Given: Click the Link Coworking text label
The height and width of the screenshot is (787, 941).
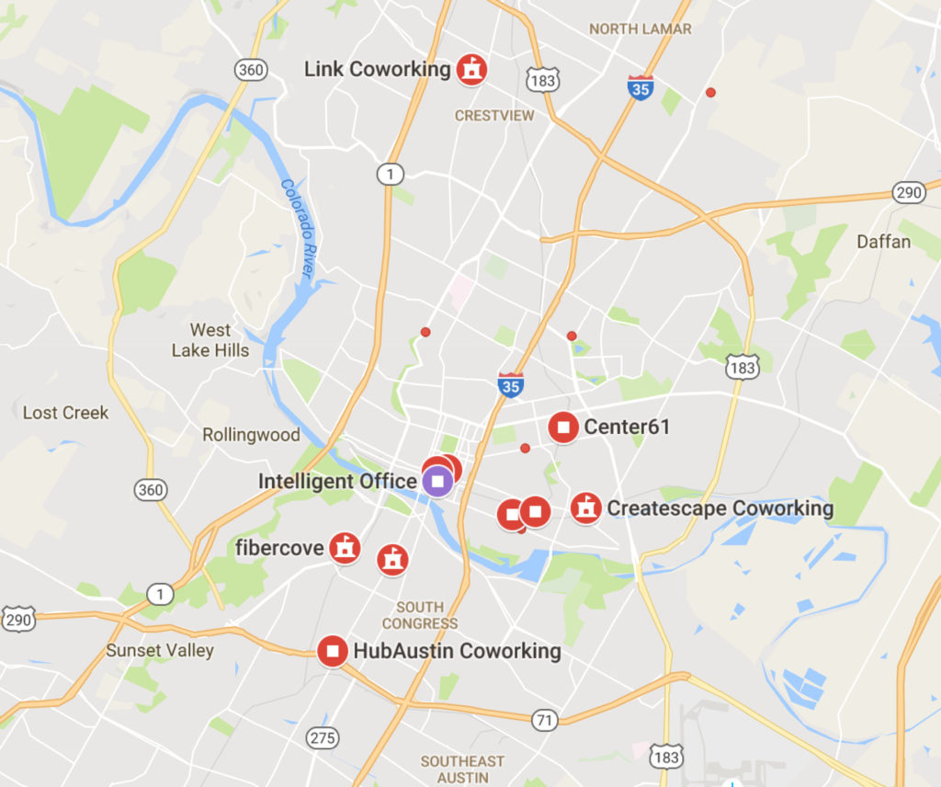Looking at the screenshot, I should point(377,69).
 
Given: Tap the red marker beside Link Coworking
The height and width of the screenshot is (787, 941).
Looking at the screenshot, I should point(471,69).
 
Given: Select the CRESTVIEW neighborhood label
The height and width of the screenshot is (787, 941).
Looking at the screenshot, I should point(494,116).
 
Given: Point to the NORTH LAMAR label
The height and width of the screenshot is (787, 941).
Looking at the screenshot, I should point(641,29).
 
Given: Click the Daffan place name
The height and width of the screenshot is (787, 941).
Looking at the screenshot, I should point(884,242).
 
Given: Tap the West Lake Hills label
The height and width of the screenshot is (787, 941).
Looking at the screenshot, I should point(210,340).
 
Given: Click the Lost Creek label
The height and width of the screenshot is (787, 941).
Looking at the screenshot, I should point(65,413).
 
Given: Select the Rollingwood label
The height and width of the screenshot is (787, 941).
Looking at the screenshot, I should point(251,435).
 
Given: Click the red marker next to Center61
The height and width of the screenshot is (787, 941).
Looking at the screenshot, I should point(563,428).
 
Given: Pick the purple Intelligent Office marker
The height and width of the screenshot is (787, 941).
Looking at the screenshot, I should point(438,480).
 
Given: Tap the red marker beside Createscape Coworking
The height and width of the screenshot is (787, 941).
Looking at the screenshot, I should point(585,508).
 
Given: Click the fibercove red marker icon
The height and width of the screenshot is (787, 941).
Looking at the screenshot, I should point(345,548).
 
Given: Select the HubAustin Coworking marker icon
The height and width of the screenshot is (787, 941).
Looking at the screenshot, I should point(333,651).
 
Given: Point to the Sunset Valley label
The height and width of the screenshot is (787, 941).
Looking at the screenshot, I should point(160,651).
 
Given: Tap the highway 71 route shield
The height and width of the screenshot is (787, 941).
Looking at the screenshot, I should point(545,720).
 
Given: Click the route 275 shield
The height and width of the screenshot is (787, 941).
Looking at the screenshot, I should point(323,737).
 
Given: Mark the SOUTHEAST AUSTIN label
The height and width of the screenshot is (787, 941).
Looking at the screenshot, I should point(462,769).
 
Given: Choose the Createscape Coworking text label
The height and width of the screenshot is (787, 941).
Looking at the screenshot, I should point(720,508).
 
